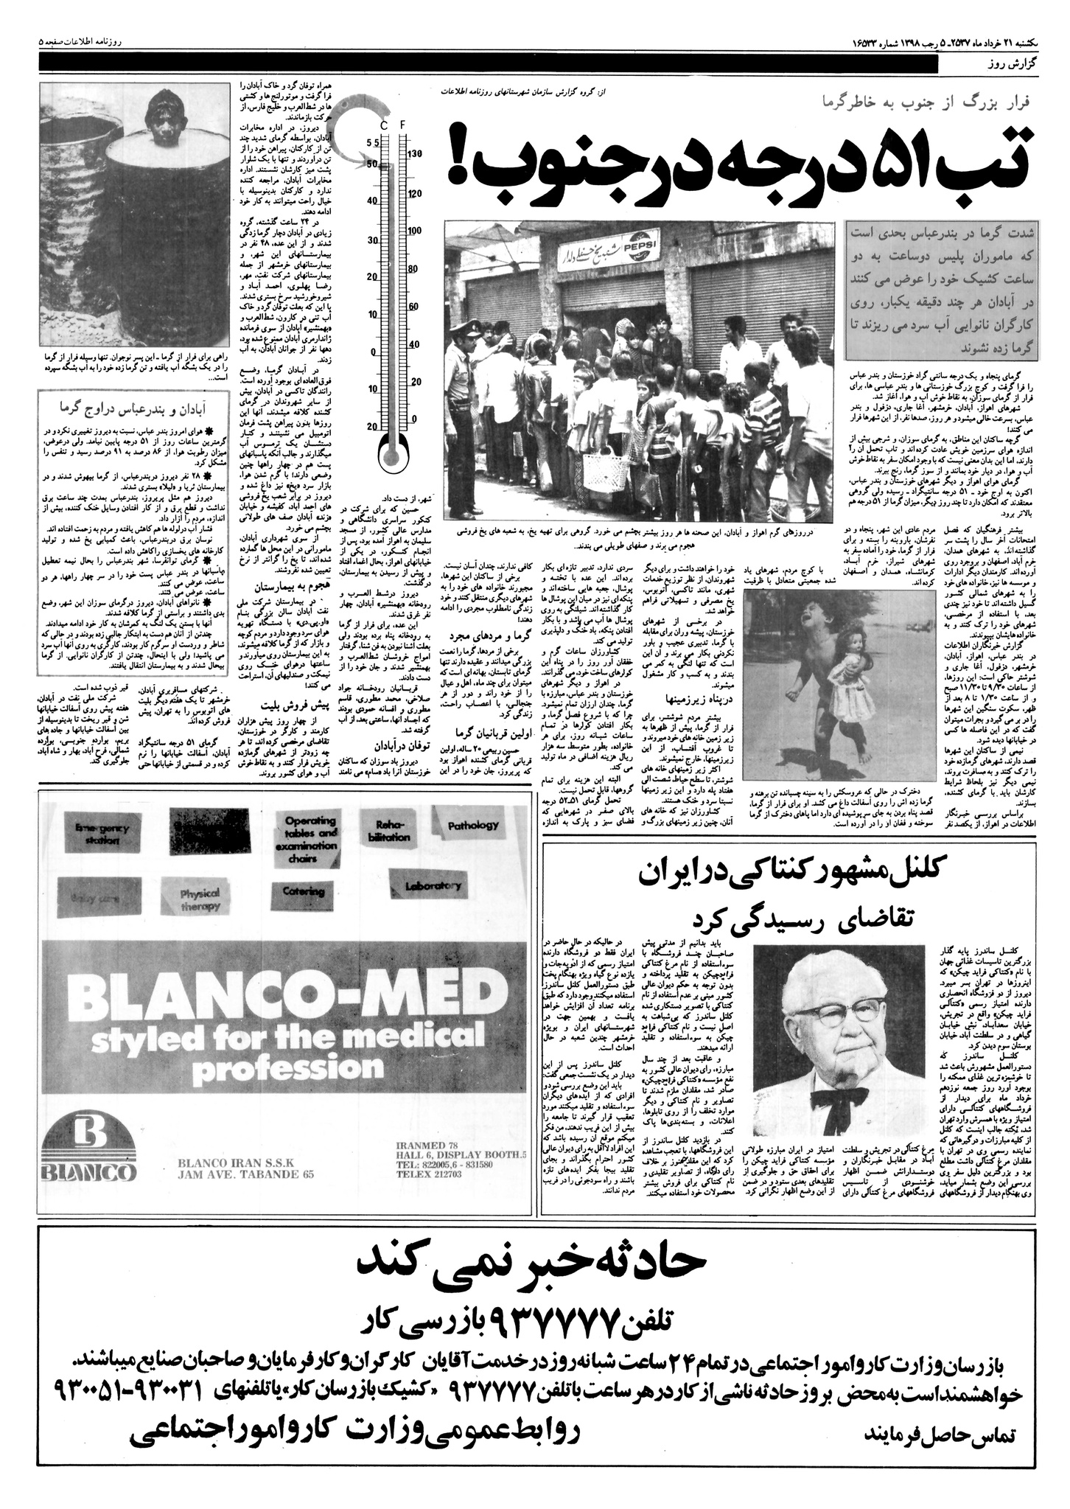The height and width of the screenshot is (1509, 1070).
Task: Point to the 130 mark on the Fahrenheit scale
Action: coord(414,154)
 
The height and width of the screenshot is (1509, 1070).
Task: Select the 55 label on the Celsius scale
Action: coord(372,142)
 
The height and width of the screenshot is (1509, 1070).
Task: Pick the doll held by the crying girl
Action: coord(851,663)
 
